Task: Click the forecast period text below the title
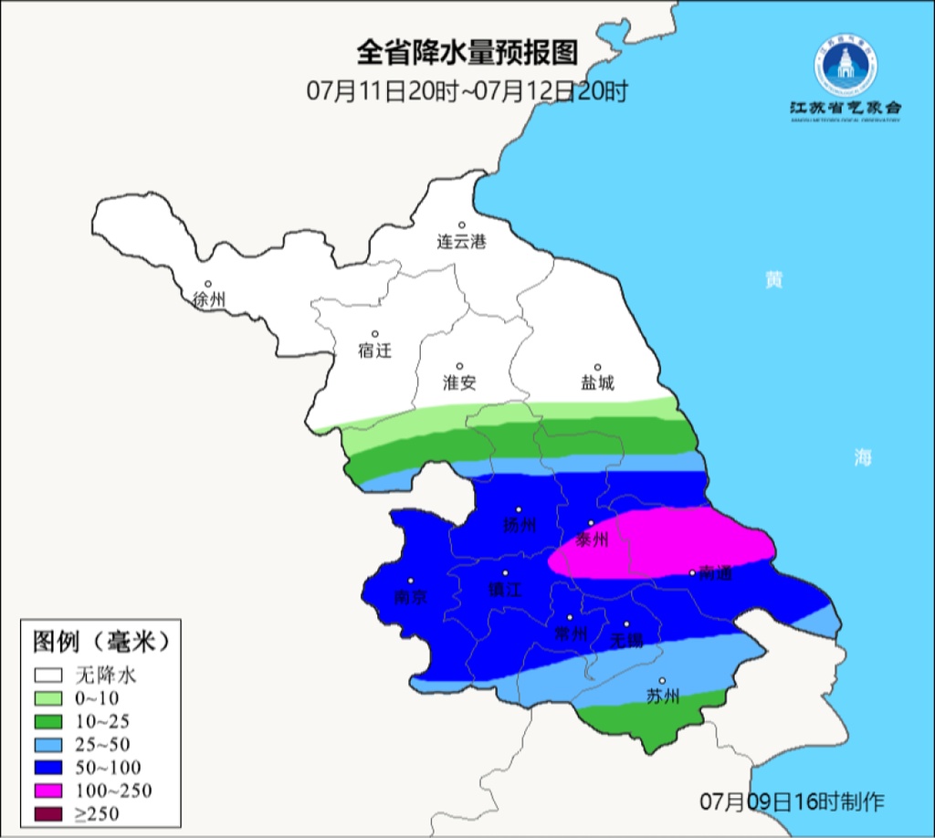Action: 467,91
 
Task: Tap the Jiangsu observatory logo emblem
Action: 846,68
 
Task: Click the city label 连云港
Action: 461,243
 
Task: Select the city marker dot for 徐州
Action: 208,284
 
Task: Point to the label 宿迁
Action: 374,351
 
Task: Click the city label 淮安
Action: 459,383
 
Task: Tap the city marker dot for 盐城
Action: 598,367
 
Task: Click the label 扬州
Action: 520,526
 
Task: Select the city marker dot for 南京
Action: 411,581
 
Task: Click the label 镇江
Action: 504,591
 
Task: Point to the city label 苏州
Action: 663,697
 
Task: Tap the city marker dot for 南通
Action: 692,573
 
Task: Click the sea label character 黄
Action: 774,280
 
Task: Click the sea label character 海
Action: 863,457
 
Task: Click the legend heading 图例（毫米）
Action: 101,642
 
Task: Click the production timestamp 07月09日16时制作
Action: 792,802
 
